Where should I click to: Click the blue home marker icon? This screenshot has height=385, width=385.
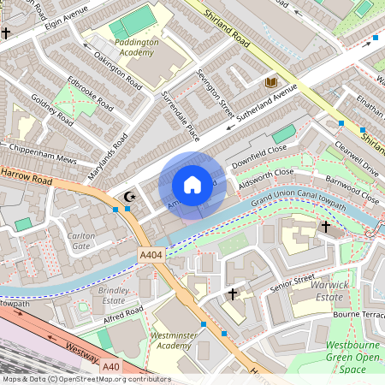point(192,185)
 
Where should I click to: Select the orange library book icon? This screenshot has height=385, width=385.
point(271,82)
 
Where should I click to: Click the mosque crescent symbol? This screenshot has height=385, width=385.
point(130,197)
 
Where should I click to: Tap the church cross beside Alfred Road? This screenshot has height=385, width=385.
point(232,294)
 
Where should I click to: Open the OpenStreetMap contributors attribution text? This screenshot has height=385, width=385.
point(86,379)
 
